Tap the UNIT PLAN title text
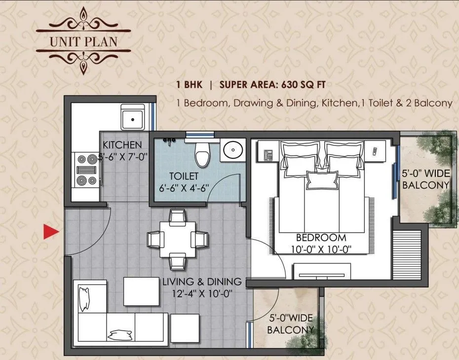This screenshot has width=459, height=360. click(x=83, y=41)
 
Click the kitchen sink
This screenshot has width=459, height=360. click(x=132, y=118)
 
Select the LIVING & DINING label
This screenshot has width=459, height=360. click(x=202, y=282)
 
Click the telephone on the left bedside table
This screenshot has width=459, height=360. click(x=269, y=154)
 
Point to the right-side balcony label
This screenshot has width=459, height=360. click(x=425, y=179)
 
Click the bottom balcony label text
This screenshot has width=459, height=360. click(x=291, y=324)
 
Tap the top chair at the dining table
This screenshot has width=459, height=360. click(x=176, y=216)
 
